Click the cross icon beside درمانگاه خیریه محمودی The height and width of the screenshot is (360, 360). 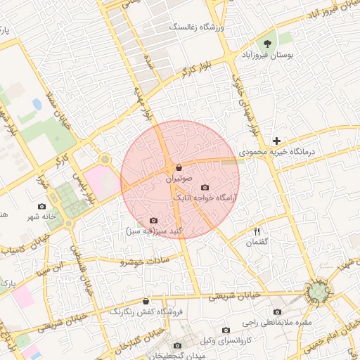coord(277,141)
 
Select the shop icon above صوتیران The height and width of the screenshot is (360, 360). coord(179,168)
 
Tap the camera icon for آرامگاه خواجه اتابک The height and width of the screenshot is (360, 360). coord(205,187)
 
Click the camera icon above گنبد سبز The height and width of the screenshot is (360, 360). coord(154,220)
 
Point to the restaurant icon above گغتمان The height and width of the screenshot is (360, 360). coord(257,231)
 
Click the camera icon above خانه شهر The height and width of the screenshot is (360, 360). coord(41,207)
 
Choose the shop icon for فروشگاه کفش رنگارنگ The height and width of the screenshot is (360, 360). coord(146,301)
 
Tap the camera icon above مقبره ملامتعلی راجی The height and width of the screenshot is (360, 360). coord(277,312)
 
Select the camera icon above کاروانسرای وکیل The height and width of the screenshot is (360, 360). coord(226,330)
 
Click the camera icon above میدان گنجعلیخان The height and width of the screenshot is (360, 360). coord(178,345)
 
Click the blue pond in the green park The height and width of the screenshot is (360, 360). coord(37,104)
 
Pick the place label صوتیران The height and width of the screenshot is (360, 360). coord(179,179)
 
